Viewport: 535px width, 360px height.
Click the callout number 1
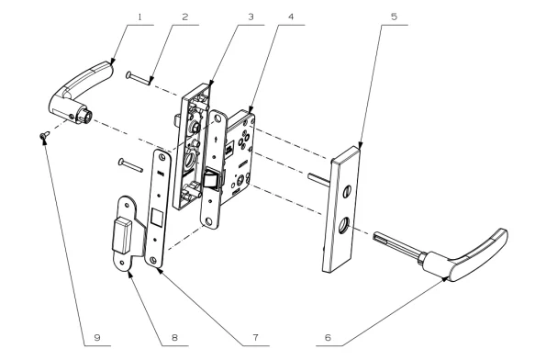tap(139, 17)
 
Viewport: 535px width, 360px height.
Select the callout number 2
tap(185, 17)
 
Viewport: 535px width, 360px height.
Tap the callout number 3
tap(251, 17)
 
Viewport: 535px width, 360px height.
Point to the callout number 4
tap(291, 17)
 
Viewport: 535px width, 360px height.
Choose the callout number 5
tap(394, 17)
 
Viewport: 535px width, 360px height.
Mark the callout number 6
tap(328, 337)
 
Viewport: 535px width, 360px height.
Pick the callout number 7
tap(255, 337)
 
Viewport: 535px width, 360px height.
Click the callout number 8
tap(174, 337)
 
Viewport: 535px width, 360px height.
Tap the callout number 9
tap(97, 337)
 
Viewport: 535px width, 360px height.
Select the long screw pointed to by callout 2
tap(139, 78)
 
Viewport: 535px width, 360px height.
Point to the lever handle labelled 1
tap(81, 92)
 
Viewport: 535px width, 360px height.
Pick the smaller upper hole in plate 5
tap(347, 191)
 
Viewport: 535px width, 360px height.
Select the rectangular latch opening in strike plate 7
tap(157, 217)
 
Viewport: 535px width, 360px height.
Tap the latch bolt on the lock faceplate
tap(212, 179)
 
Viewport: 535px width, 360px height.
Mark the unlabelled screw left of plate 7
tap(130, 164)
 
